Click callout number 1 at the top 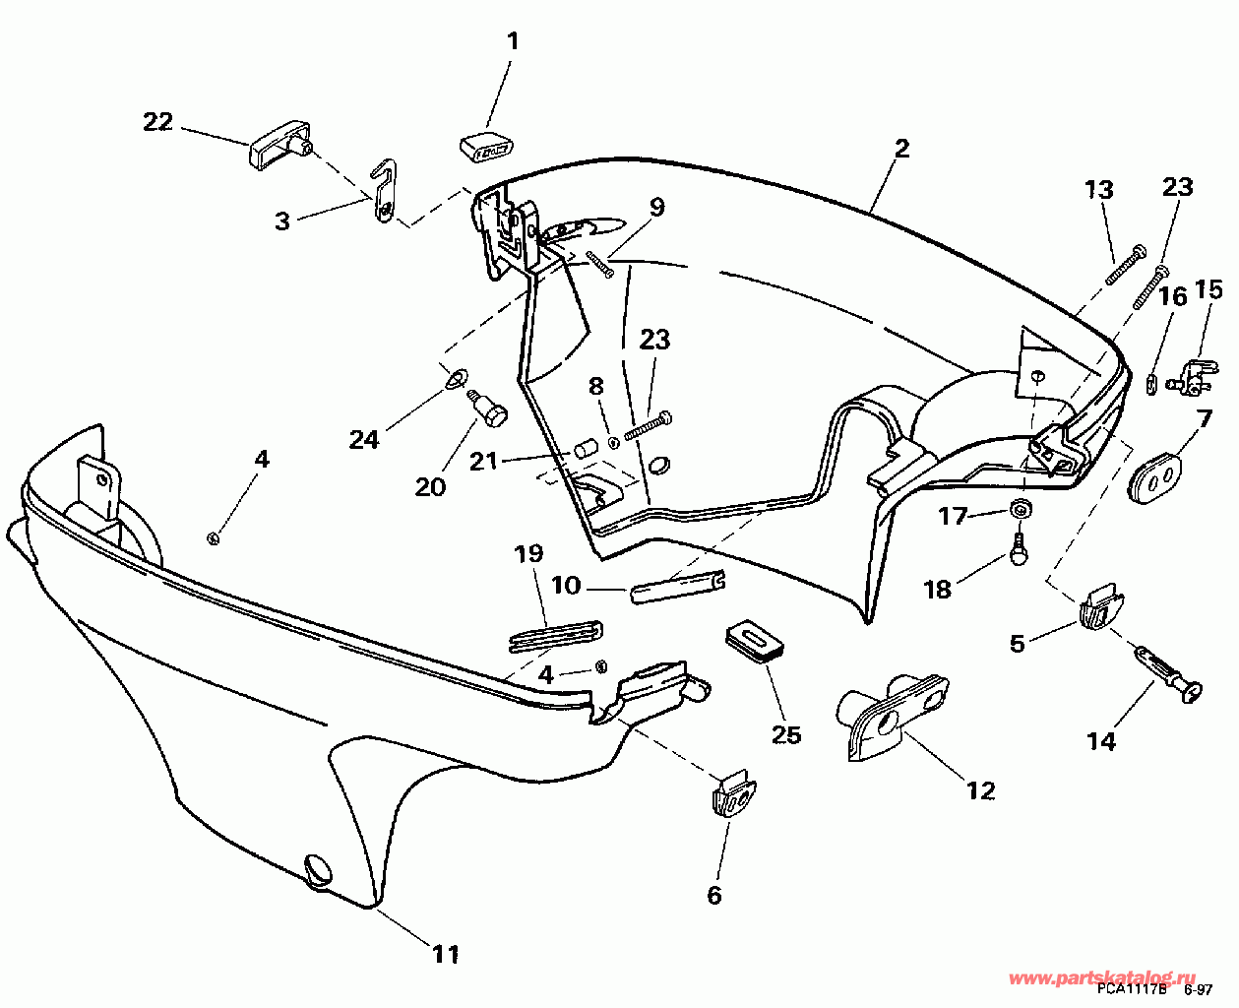512,41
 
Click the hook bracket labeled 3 386,192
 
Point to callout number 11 446,953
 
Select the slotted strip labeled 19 555,635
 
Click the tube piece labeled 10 679,587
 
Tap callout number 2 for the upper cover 901,149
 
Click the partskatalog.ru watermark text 1102,978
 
